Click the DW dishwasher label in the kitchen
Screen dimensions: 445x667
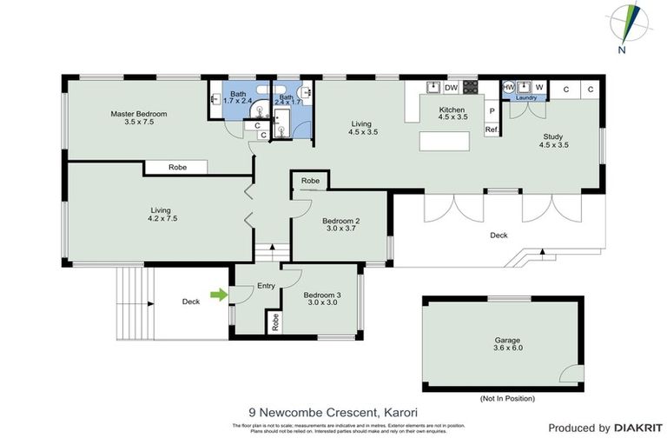451,88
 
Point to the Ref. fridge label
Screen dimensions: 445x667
491,130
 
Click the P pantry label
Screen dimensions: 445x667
491,111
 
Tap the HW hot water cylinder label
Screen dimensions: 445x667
509,87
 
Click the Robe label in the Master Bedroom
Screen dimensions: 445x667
177,167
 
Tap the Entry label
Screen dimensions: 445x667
266,285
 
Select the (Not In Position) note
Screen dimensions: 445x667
506,398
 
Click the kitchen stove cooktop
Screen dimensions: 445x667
470,87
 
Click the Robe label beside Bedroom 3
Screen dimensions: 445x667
275,322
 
